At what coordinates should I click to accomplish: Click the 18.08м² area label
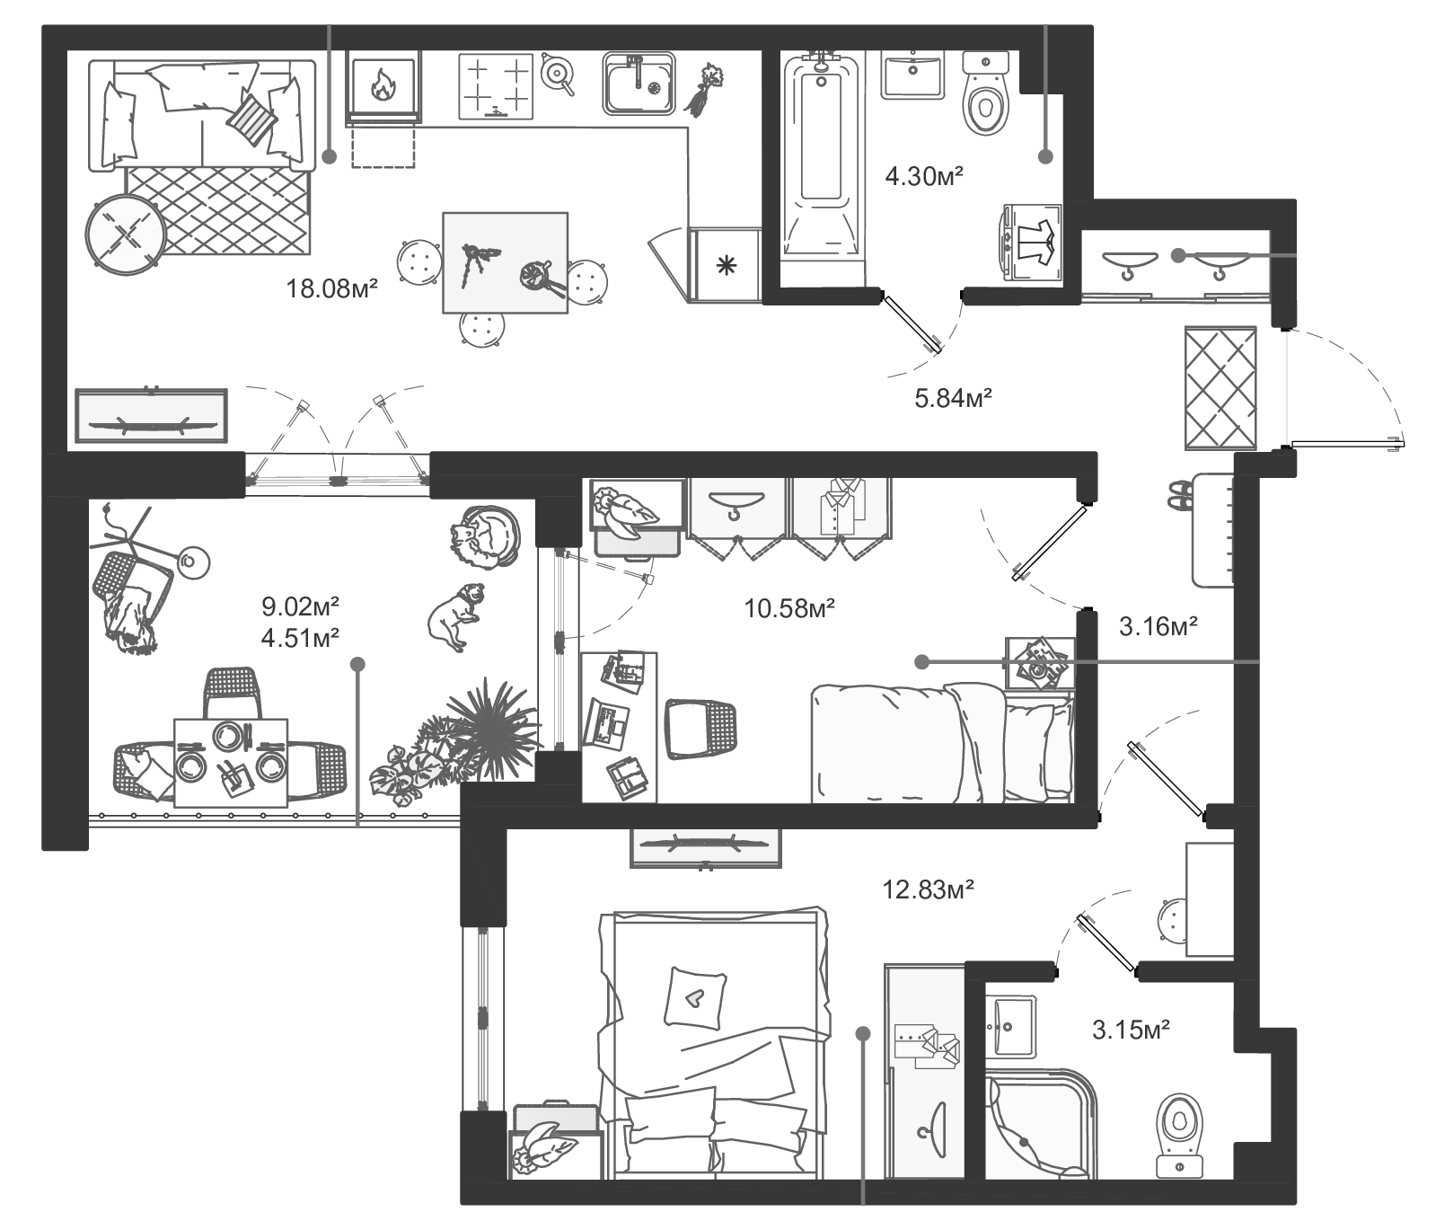(331, 289)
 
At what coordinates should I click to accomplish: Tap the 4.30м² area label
(924, 175)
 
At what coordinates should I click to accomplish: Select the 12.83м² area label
(929, 889)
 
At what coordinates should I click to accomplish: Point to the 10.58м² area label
(790, 608)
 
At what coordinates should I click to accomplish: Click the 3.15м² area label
(1131, 1030)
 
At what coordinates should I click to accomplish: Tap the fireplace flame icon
(383, 85)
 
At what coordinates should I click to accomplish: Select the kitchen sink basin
(639, 84)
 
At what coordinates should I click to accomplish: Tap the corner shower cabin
(1042, 1122)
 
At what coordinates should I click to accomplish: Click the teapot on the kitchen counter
(557, 74)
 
